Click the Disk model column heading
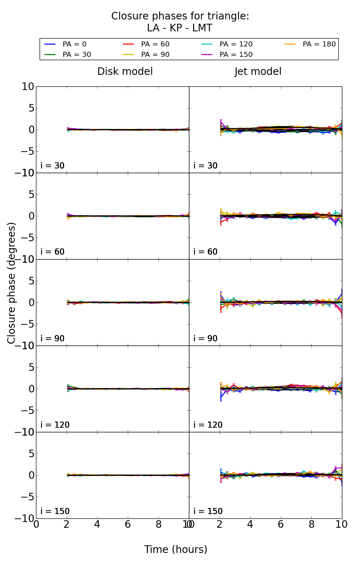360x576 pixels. (x=125, y=72)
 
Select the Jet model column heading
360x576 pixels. (x=258, y=72)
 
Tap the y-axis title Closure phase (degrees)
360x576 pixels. (x=12, y=283)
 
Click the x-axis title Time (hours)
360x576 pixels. (x=176, y=549)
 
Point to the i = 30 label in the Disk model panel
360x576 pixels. (x=53, y=166)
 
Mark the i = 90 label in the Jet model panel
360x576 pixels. (x=206, y=338)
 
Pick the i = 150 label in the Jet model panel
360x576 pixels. (x=208, y=511)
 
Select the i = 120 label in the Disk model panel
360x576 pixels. (x=55, y=425)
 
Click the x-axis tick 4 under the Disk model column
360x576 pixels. (x=97, y=525)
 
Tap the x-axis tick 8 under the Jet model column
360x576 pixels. (x=311, y=525)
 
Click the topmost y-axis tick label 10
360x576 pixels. (x=28, y=87)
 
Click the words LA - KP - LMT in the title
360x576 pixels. (x=180, y=28)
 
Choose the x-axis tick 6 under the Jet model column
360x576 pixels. (x=281, y=525)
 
